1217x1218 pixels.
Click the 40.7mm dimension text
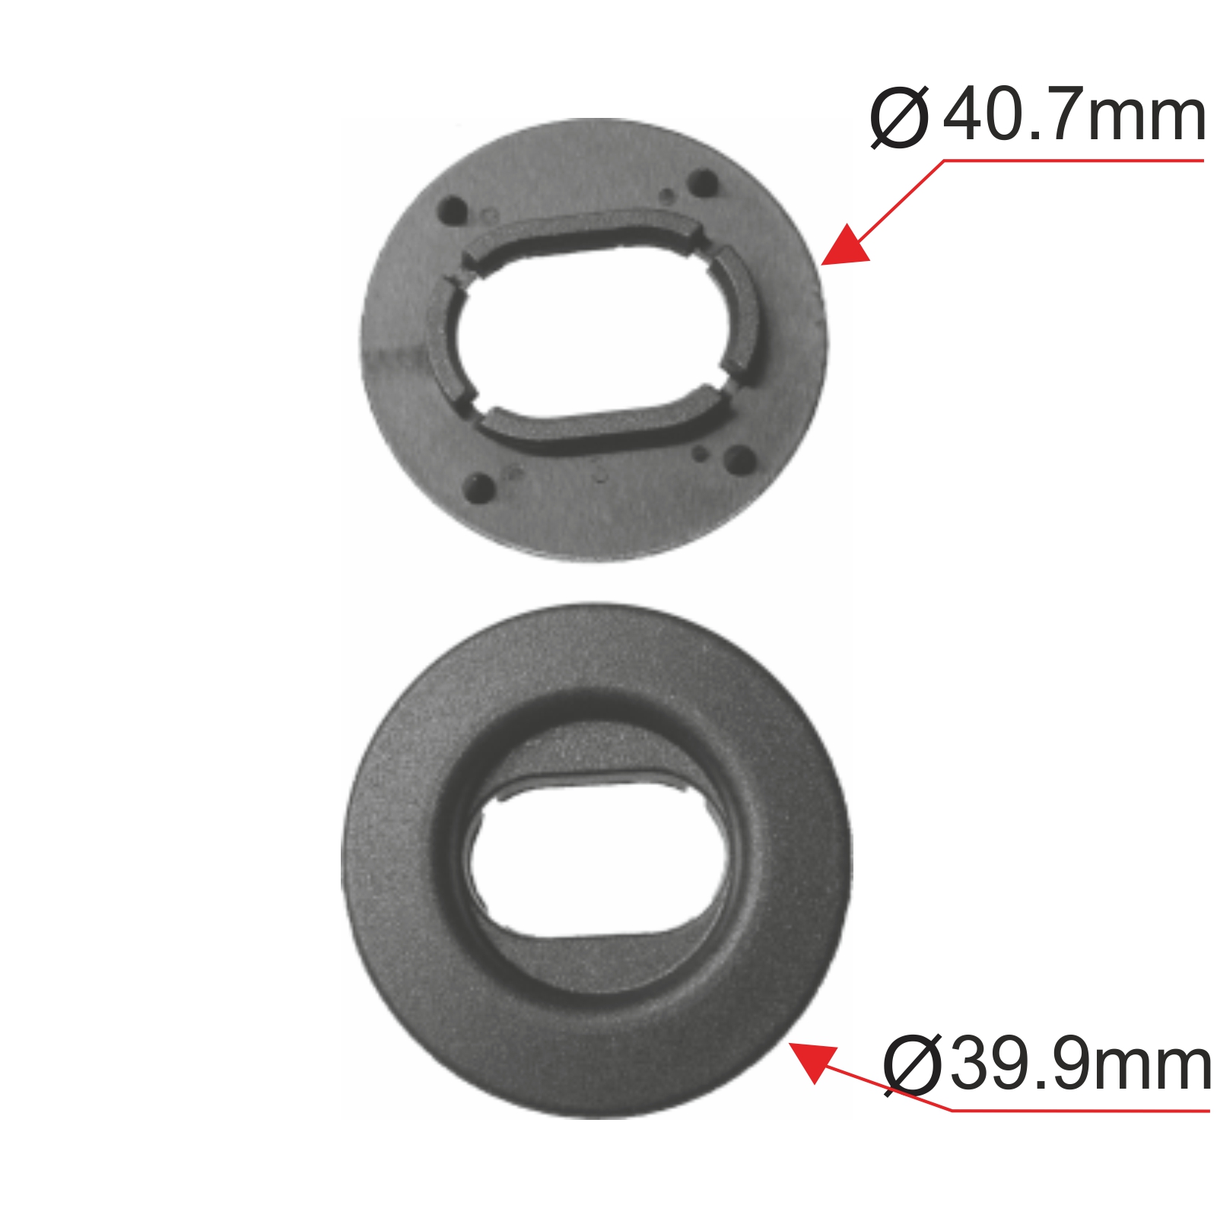pyautogui.click(x=1074, y=116)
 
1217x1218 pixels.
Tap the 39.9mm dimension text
pyautogui.click(x=1080, y=1064)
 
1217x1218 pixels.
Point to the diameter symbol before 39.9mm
pyautogui.click(x=913, y=1065)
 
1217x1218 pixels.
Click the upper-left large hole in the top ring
pyautogui.click(x=454, y=210)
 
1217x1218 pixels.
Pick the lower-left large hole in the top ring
pyautogui.click(x=479, y=488)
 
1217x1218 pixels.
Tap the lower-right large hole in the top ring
pyautogui.click(x=739, y=459)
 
